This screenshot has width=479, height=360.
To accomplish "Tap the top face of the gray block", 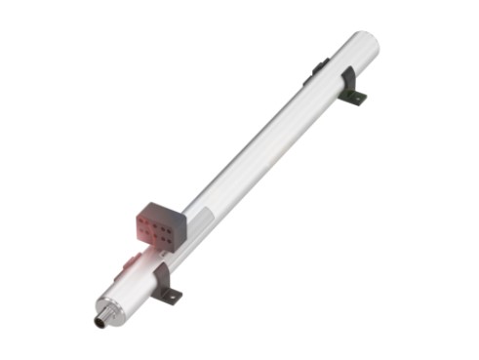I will [162, 209].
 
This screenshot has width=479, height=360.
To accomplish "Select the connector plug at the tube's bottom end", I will [100, 320].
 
